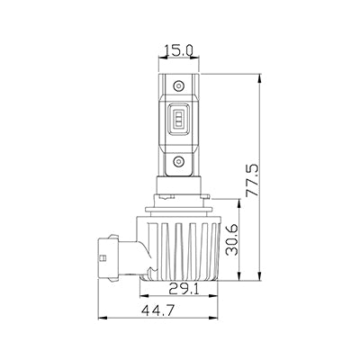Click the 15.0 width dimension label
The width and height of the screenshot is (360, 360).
(178, 50)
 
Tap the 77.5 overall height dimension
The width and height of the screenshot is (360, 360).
(252, 180)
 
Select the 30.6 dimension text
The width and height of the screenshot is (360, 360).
(232, 240)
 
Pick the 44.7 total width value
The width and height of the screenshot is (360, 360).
(158, 310)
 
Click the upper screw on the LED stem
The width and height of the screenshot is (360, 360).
(178, 86)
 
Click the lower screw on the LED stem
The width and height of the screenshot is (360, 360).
(178, 162)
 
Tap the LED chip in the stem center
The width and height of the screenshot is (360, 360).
(178, 119)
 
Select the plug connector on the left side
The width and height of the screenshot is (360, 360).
(108, 258)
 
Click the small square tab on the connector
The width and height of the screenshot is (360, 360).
(103, 257)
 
